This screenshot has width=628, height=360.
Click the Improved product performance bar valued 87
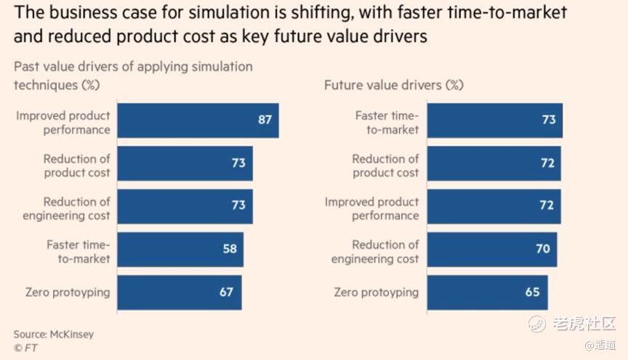[198, 120]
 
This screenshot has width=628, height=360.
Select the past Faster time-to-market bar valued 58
[180, 249]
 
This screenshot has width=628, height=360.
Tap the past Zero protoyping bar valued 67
[179, 292]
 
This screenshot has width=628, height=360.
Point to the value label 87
[265, 120]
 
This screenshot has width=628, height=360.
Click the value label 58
[230, 249]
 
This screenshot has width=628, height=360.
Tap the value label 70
[543, 249]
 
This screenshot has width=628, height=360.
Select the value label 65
[533, 292]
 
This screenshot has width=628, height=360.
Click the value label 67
[226, 292]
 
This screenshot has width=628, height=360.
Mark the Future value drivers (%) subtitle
[393, 85]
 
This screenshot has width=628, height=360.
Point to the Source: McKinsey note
[53, 335]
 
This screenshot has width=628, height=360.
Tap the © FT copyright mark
[25, 348]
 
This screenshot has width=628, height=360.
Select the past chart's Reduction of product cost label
[76, 166]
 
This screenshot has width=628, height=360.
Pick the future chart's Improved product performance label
[371, 209]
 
